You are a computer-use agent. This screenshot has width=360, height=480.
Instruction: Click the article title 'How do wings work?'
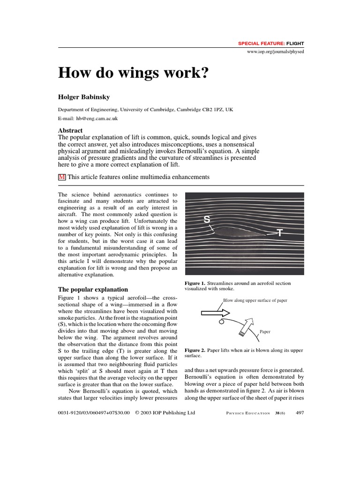pyautogui.click(x=133, y=74)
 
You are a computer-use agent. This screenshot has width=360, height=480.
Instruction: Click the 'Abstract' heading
pyautogui.click(x=70, y=130)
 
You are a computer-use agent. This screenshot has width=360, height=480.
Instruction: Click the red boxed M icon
pyautogui.click(x=61, y=177)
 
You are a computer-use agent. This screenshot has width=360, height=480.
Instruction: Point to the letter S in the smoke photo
pyautogui.click(x=207, y=219)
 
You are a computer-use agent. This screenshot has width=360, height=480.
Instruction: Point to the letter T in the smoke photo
pyautogui.click(x=280, y=232)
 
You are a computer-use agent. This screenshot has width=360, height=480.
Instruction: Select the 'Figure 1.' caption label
pyautogui.click(x=195, y=283)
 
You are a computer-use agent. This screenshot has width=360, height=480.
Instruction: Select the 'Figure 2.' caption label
pyautogui.click(x=195, y=350)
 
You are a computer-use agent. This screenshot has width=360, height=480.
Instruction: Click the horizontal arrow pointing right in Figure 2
pyautogui.click(x=213, y=313)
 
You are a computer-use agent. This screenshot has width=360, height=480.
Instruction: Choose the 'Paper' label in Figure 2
pyautogui.click(x=266, y=331)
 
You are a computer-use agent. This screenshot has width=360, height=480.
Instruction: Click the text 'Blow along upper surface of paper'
pyautogui.click(x=255, y=300)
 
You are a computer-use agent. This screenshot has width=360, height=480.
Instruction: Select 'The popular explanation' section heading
pyautogui.click(x=93, y=289)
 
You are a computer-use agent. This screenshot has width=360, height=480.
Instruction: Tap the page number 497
pyautogui.click(x=300, y=413)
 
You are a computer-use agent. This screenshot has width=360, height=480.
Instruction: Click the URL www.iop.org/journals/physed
pyautogui.click(x=275, y=51)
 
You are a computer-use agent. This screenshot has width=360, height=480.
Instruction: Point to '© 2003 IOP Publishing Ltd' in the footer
pyautogui.click(x=165, y=413)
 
